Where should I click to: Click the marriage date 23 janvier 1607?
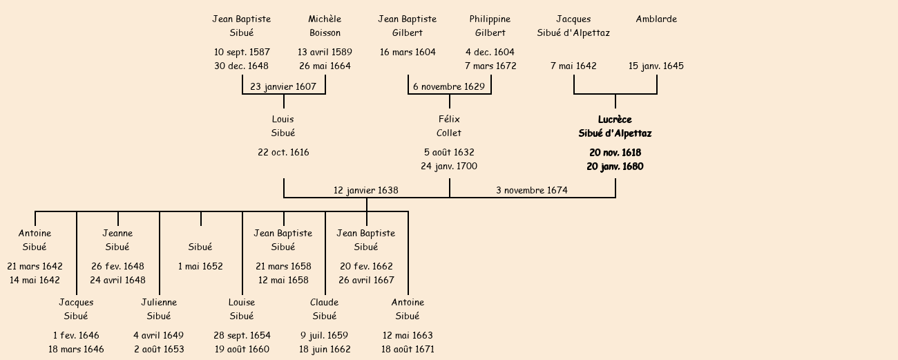(283, 87)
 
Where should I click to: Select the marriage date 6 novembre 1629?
(449, 87)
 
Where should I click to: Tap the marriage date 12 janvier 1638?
(366, 190)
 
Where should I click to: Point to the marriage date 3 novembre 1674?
(532, 190)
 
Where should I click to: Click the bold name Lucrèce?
(615, 120)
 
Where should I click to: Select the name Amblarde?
(656, 19)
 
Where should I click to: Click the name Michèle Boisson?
(325, 26)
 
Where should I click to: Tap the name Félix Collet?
(449, 126)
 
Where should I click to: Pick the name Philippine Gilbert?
(490, 26)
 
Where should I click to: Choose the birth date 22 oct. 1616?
(283, 153)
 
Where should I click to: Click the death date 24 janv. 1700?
(449, 167)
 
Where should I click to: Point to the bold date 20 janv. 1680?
(615, 167)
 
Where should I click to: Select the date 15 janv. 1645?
(656, 66)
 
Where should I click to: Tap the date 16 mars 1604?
(408, 53)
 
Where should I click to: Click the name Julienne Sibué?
(159, 309)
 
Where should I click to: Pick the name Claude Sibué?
(325, 309)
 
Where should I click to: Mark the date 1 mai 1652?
(200, 267)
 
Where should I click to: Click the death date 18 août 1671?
(408, 350)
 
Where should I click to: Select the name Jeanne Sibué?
(117, 240)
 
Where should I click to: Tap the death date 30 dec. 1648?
(242, 66)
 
